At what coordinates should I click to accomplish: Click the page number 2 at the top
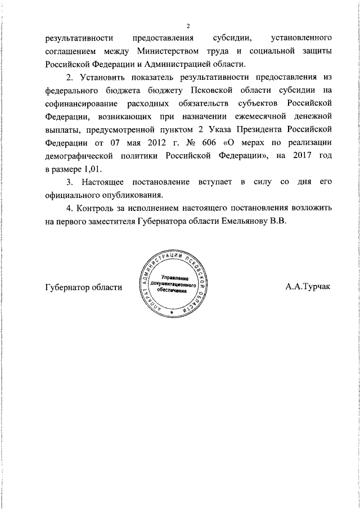[x=188, y=25]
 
